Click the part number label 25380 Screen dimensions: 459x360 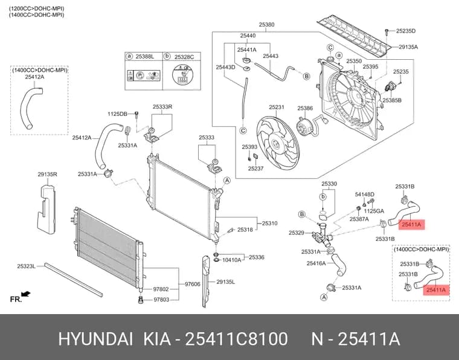tap(266, 25)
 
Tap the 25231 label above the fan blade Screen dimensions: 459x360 tap(277, 107)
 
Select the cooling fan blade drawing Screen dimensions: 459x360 tap(278, 143)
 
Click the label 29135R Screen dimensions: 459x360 tap(48, 174)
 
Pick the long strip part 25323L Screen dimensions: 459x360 tap(74, 280)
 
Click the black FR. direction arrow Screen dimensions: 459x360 tap(26, 294)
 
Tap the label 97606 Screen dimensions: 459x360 tap(193, 284)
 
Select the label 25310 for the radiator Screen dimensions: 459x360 tap(269, 223)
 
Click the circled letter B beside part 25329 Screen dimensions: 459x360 tap(302, 214)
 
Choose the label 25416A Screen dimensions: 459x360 tap(316, 263)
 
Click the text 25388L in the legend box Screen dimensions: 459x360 tap(144, 57)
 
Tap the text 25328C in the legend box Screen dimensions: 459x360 tap(184, 57)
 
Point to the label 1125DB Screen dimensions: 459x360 tap(117, 114)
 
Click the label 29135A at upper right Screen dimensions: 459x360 tap(408, 47)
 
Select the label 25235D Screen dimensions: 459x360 tap(406, 31)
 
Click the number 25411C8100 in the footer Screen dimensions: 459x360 tap(237, 339)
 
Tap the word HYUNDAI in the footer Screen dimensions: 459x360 tap(95, 339)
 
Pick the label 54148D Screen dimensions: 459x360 tap(365, 194)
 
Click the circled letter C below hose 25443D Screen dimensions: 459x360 tap(243, 130)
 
